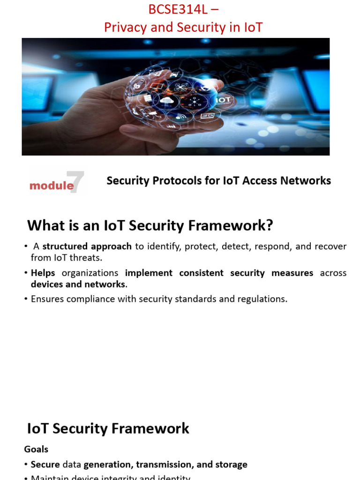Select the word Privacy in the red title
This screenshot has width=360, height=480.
(x=123, y=28)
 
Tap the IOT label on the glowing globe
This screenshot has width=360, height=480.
(x=223, y=100)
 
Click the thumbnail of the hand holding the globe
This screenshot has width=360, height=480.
(x=175, y=97)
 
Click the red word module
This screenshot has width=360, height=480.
(x=52, y=186)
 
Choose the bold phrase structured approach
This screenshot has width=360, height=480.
(x=87, y=247)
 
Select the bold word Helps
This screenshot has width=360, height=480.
(x=43, y=273)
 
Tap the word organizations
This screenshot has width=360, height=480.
(x=90, y=273)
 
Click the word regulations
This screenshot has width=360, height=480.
(x=263, y=299)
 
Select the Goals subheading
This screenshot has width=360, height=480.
(x=36, y=449)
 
